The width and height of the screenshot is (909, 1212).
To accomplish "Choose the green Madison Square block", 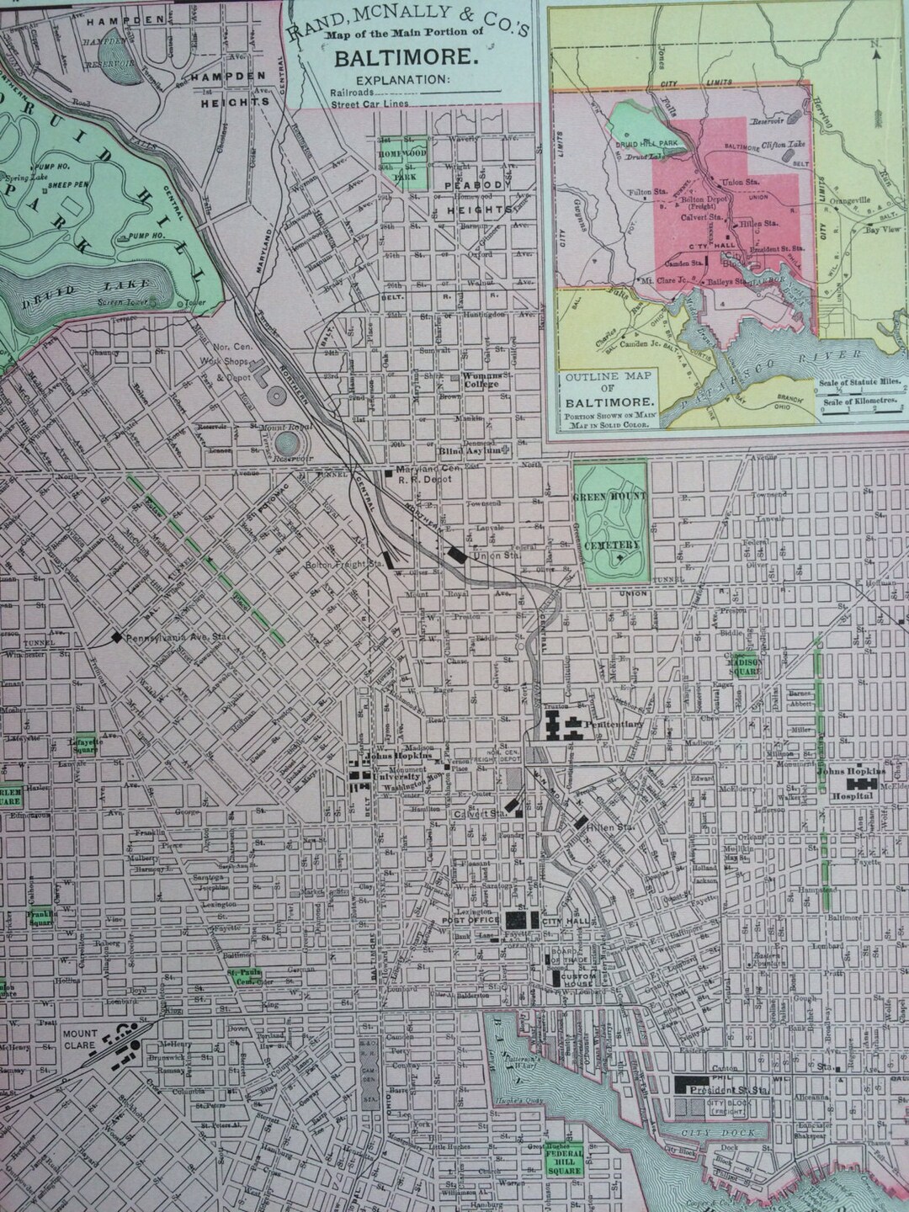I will pos(744,667).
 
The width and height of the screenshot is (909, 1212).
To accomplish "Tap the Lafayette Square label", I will pos(86,744).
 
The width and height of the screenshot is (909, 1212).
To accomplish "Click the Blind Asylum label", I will pos(481,450).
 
